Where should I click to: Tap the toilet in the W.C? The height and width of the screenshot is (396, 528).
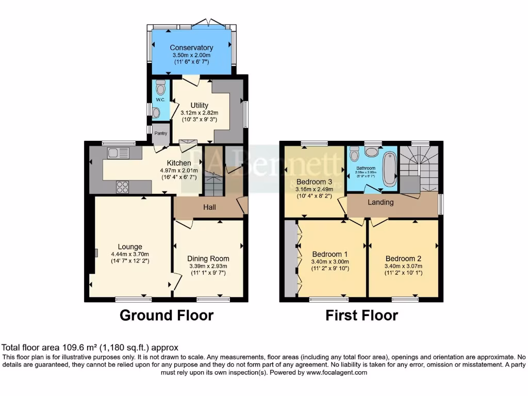point(160,85)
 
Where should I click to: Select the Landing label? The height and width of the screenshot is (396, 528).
point(381,202)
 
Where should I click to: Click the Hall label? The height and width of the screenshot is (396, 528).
point(209,207)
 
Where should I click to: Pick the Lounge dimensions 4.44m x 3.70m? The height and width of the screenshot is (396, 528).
point(129,254)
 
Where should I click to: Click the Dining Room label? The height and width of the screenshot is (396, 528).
point(208,258)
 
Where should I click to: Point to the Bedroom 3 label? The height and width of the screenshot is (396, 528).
point(314,181)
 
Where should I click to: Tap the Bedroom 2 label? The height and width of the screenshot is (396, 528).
point(403,258)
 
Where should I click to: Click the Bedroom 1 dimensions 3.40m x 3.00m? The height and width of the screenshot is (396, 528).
point(330,261)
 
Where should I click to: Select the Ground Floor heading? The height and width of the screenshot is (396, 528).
point(167,315)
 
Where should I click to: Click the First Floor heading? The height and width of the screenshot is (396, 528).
point(361,315)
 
